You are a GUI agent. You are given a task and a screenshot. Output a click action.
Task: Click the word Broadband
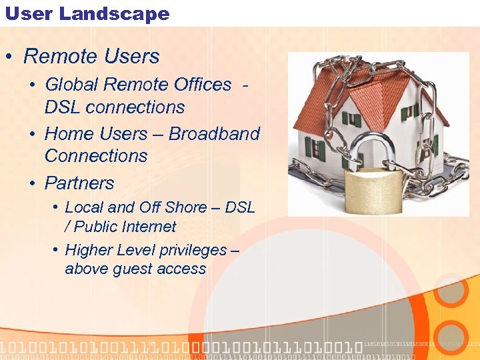point(214,134)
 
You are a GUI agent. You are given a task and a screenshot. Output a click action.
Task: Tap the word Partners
point(79,183)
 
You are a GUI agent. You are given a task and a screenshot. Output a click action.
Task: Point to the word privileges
point(195,251)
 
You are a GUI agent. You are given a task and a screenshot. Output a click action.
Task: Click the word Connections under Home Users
point(96,156)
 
